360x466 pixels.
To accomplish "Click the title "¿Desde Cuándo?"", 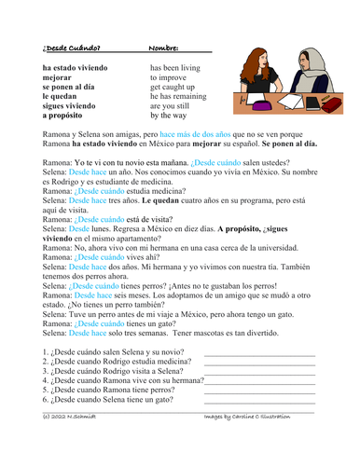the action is (73, 48).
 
